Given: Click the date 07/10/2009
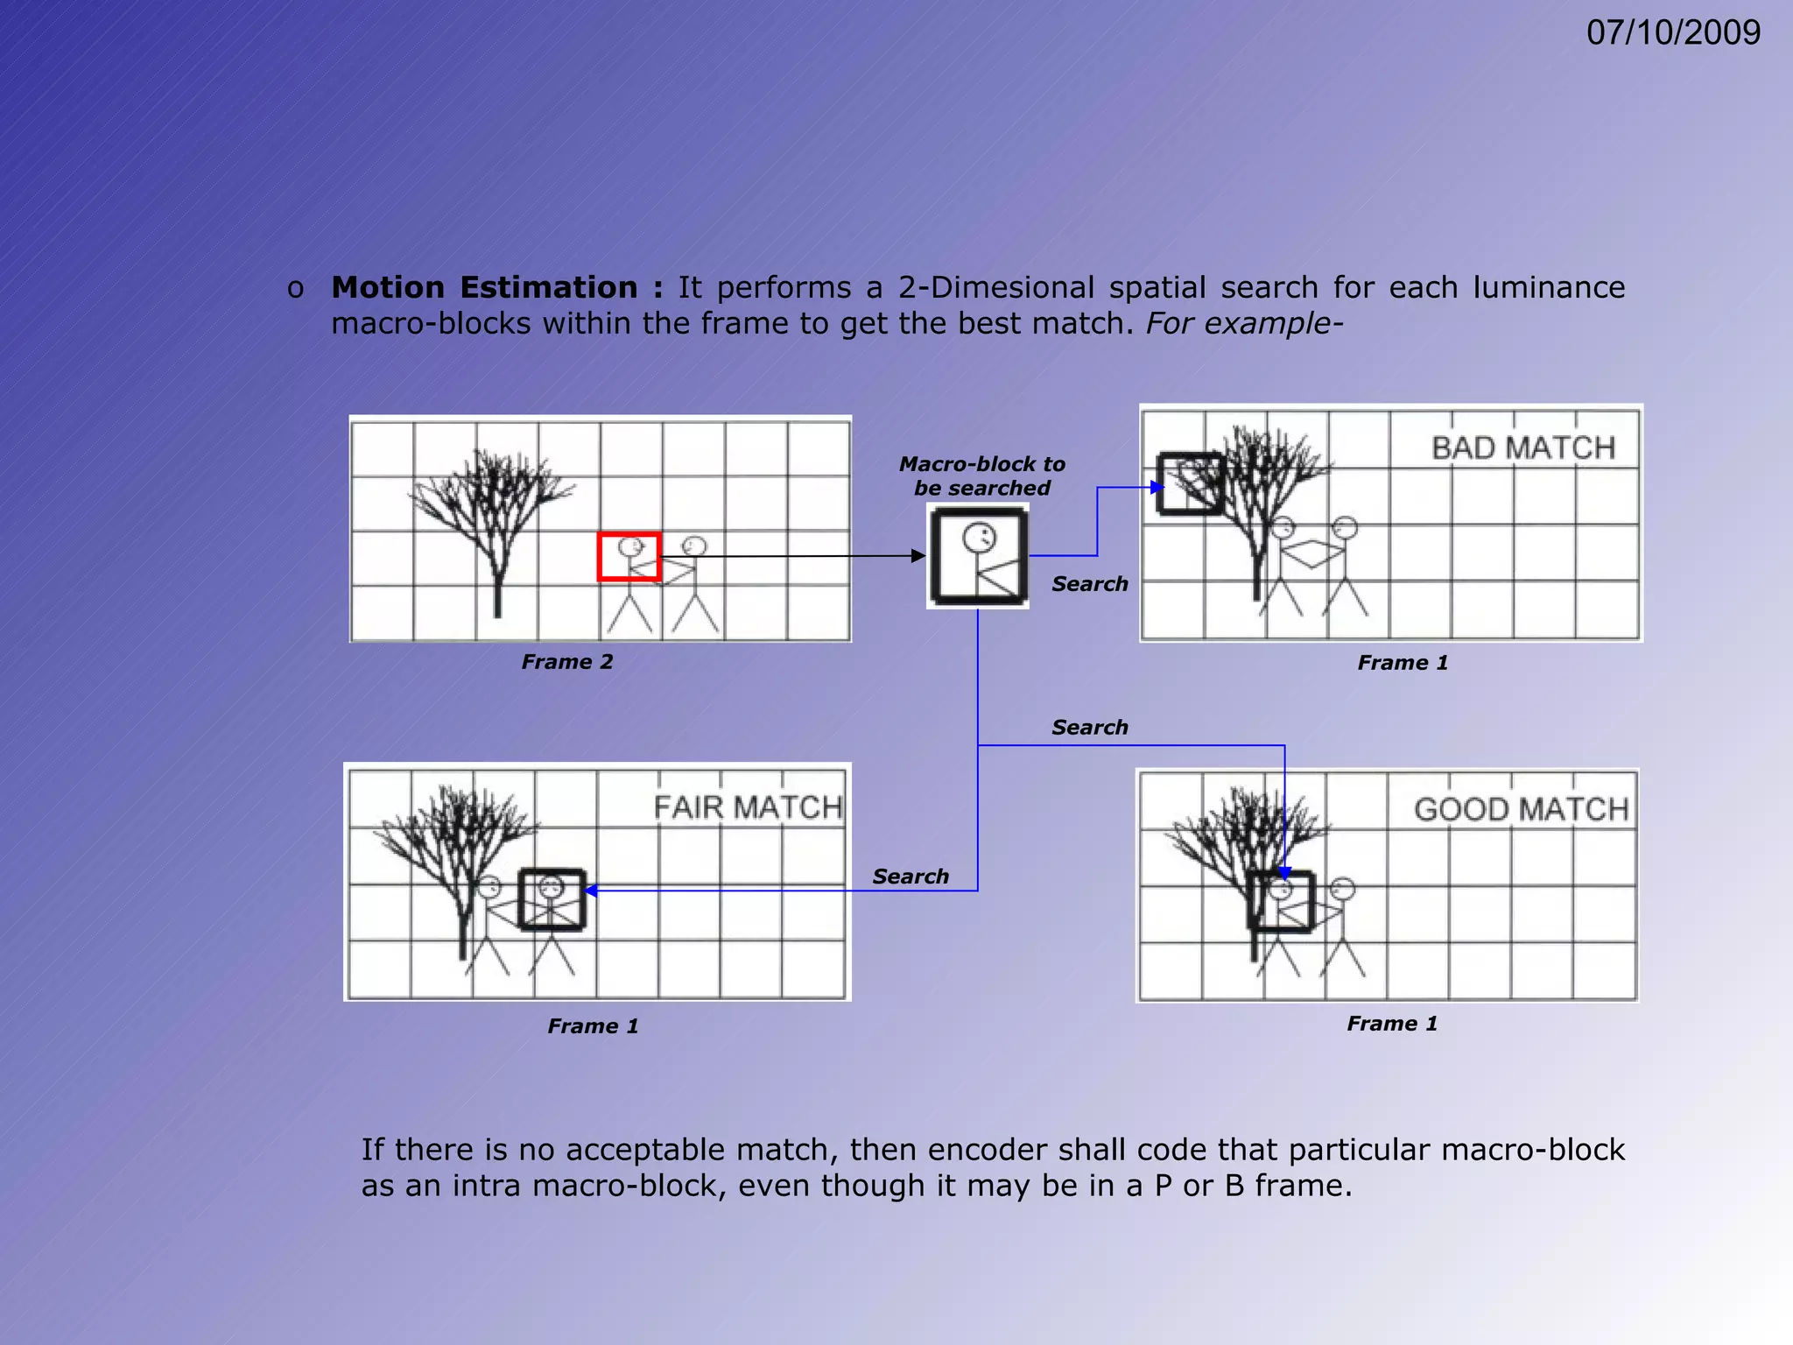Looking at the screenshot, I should pyautogui.click(x=1672, y=32).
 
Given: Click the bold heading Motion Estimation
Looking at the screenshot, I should pyautogui.click(x=484, y=287).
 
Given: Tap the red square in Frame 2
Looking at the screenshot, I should pyautogui.click(x=629, y=556).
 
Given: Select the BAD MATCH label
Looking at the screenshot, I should pyautogui.click(x=1523, y=447).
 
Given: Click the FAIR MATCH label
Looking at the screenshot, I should pyautogui.click(x=748, y=806).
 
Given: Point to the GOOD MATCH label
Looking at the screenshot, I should pyautogui.click(x=1522, y=808).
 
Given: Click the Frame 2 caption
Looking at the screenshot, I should pyautogui.click(x=567, y=662).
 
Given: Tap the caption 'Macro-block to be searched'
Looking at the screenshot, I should pyautogui.click(x=981, y=475).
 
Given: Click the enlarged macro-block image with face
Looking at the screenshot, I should pyautogui.click(x=978, y=557).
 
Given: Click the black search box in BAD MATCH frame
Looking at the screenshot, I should pyautogui.click(x=1190, y=483).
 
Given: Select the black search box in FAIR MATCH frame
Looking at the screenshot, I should pyautogui.click(x=552, y=899).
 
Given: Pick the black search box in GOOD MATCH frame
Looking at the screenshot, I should pyautogui.click(x=1281, y=902).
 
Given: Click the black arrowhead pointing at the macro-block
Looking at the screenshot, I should pyautogui.click(x=918, y=556).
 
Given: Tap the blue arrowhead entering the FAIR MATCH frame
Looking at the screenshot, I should pyautogui.click(x=591, y=891).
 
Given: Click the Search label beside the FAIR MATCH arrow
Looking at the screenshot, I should pyautogui.click(x=911, y=876).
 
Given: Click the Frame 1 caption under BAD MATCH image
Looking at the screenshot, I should pyautogui.click(x=1403, y=663).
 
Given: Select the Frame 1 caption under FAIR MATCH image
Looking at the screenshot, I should pyautogui.click(x=593, y=1025).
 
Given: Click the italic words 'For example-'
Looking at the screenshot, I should pyautogui.click(x=1243, y=323).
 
